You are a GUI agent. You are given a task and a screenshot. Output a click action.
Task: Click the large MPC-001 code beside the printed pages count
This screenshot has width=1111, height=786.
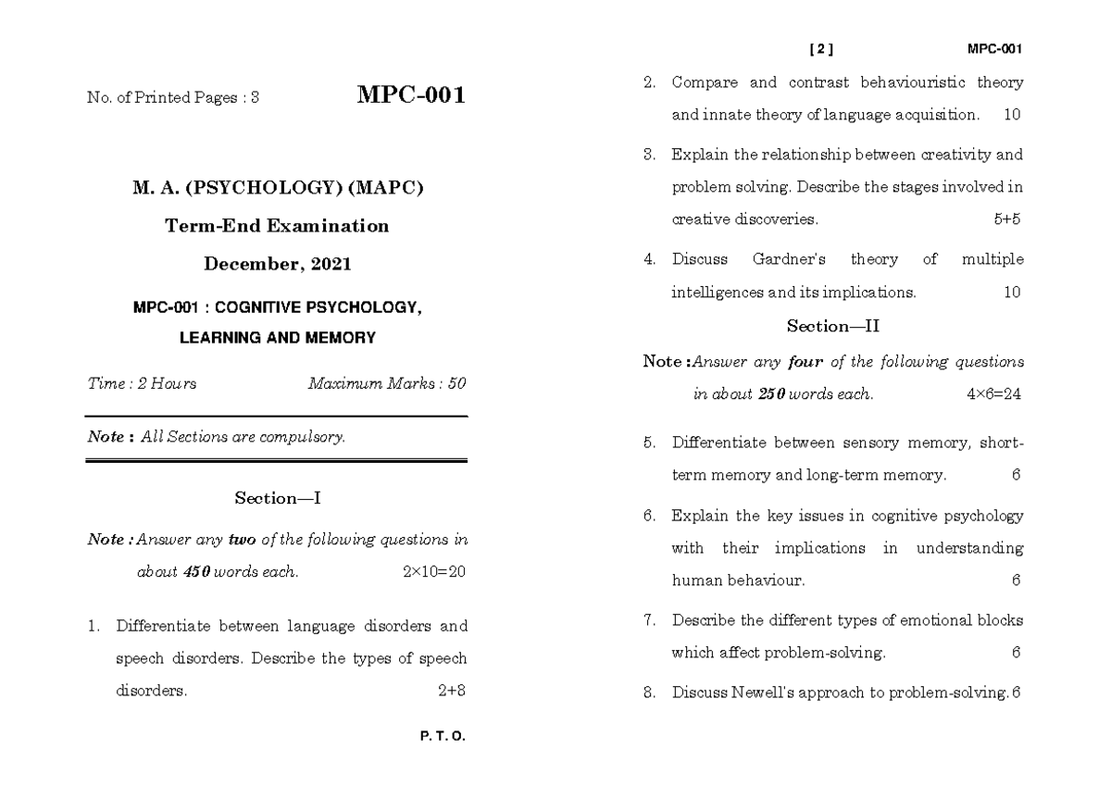411,96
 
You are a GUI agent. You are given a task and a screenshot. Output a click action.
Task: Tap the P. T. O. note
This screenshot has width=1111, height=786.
442,737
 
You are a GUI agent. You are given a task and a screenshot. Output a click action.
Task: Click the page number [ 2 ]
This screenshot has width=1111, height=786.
821,50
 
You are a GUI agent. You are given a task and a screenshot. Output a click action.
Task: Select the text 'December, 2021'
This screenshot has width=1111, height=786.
278,264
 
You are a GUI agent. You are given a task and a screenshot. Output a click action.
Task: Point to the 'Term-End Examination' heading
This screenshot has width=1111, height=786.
277,226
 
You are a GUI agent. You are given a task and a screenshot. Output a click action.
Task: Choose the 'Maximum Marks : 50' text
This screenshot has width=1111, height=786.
387,383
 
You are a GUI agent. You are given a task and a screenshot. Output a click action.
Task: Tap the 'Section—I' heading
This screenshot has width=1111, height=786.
277,498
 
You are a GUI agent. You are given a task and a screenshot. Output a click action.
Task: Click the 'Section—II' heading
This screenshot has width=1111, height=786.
833,326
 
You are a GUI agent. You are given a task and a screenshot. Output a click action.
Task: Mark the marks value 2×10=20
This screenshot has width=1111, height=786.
434,572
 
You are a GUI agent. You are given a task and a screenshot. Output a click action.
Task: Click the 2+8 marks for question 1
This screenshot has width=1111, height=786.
451,691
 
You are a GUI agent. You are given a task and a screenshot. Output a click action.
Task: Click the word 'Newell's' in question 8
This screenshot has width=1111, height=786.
768,692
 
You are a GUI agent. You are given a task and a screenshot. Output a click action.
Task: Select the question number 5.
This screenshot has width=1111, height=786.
649,443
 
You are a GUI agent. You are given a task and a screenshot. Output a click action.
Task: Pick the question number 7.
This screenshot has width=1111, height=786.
649,620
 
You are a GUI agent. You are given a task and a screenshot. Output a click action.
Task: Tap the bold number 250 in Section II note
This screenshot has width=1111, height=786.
771,394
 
